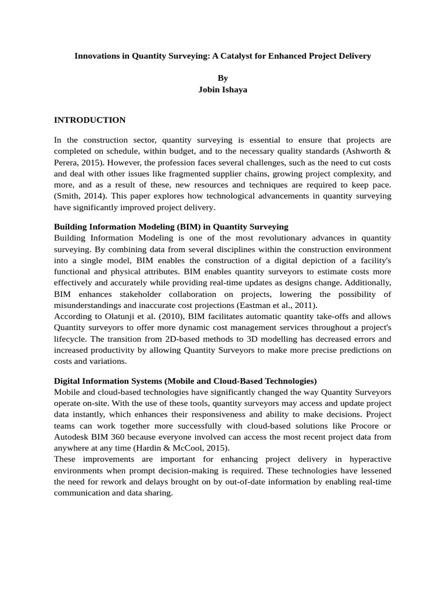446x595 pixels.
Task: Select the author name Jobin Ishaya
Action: tap(223, 89)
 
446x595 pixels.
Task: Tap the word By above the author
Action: tap(223, 78)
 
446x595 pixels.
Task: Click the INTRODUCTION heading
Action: tap(89, 120)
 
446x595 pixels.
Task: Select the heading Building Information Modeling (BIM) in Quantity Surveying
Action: tap(171, 227)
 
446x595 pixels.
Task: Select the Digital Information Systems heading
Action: tap(185, 381)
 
